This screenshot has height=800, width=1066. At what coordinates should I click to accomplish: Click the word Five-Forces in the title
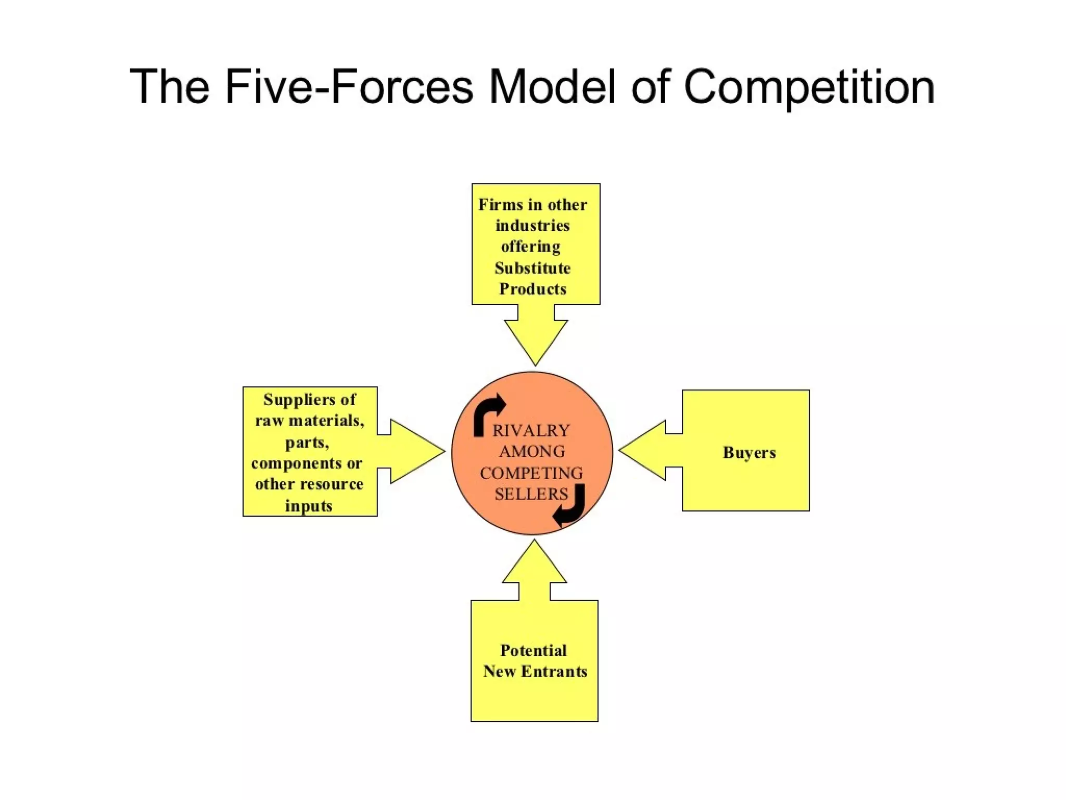pos(349,86)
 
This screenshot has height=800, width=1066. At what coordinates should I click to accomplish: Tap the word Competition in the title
pos(809,86)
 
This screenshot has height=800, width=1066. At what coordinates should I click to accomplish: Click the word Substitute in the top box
pos(532,268)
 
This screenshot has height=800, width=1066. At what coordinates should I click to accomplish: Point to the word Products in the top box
pos(532,289)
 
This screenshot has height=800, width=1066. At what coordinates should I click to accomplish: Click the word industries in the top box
pos(532,226)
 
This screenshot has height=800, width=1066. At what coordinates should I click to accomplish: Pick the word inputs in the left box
pos(309,506)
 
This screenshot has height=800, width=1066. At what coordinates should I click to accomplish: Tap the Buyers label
pos(749,452)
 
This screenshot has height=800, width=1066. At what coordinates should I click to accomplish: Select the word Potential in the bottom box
pos(533,651)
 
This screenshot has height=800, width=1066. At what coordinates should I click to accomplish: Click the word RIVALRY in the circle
pos(531,431)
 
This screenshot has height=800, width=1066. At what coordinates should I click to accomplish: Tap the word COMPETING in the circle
pos(531,473)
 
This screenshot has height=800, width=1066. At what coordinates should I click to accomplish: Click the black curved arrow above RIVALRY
pos(488,412)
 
